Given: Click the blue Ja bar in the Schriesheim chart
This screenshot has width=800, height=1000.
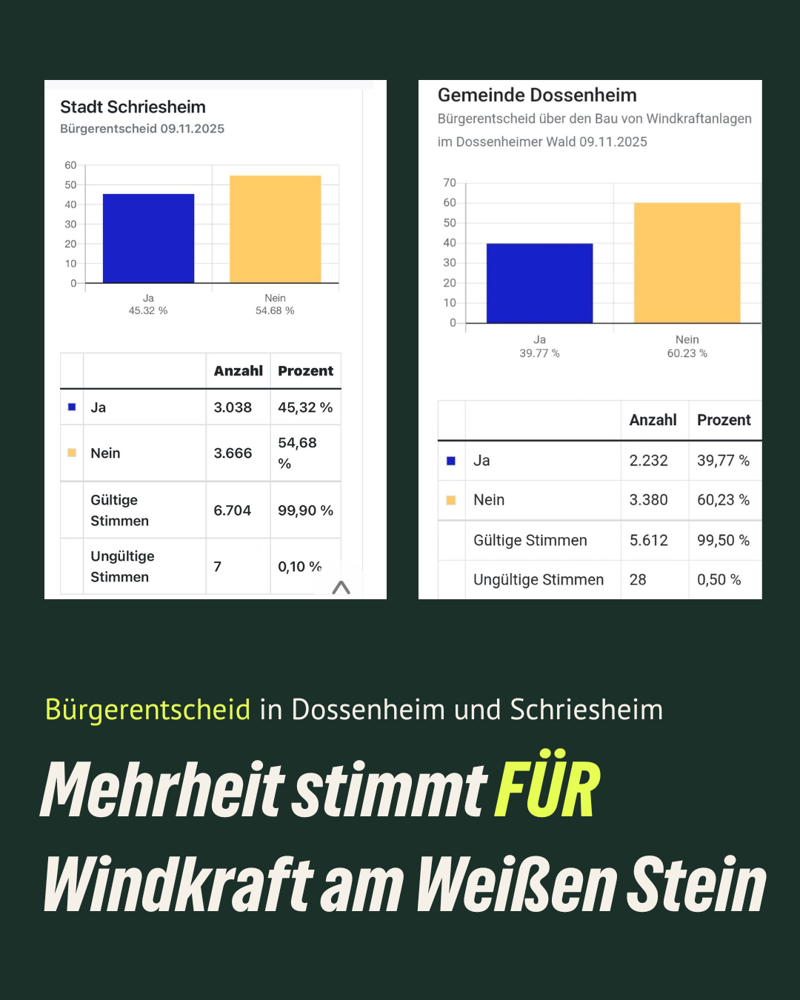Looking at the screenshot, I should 148,238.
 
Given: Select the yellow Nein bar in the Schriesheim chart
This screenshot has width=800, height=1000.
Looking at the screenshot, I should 275,229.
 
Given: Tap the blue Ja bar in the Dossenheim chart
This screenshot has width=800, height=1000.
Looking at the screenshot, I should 539,283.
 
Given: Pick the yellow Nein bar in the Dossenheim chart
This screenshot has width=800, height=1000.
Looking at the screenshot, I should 687,262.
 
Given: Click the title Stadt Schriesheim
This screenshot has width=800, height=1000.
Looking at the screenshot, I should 133,107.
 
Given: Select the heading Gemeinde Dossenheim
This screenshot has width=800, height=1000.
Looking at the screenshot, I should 537,95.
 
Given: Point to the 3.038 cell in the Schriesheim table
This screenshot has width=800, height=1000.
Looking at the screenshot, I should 233,407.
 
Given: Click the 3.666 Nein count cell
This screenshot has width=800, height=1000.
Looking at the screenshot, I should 233,453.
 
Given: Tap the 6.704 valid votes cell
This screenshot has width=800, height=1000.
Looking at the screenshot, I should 232,510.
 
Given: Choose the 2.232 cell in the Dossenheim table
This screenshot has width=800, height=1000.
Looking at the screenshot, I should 648,461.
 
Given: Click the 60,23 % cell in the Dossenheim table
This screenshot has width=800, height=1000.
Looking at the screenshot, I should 723,500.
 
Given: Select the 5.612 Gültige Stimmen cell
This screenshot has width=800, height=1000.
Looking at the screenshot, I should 648,541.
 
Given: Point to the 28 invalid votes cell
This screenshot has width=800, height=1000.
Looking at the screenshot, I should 638,580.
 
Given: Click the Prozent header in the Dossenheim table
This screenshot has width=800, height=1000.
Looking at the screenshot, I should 724,420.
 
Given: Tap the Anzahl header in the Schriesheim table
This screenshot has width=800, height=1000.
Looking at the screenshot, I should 238,371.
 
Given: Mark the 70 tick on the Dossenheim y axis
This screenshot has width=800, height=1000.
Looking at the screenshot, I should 450,183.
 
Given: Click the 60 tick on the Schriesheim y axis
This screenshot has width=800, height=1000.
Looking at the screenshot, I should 70,165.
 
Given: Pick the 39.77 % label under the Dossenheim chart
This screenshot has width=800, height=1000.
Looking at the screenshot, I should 539,353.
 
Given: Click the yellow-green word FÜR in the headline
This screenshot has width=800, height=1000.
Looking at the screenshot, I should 547,790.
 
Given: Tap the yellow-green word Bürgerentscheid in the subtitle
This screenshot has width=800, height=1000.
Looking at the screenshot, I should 147,710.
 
